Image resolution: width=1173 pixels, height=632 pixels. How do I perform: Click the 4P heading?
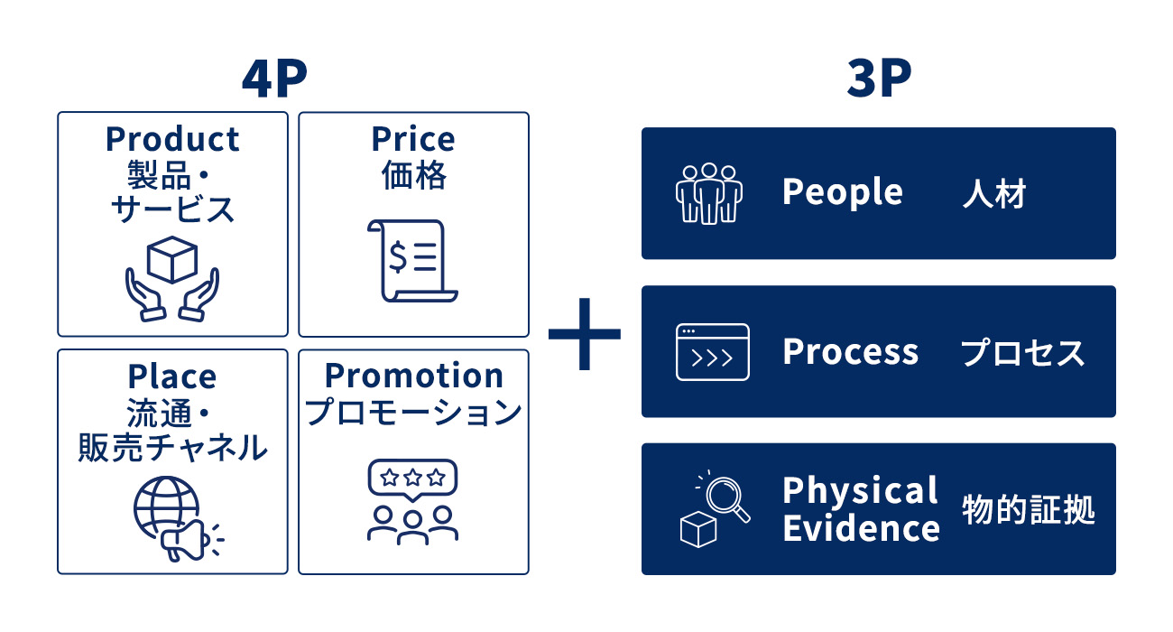point(275,79)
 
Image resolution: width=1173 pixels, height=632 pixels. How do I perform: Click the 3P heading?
point(879,79)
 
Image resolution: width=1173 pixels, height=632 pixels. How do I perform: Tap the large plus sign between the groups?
point(585,334)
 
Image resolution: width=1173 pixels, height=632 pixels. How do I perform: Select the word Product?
point(172,139)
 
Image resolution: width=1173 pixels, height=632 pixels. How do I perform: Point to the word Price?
point(413,139)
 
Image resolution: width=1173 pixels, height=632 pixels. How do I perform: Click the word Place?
point(172,376)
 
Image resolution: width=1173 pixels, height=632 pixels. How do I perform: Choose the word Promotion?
point(413,376)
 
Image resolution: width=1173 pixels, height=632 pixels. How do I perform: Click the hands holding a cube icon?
point(172,279)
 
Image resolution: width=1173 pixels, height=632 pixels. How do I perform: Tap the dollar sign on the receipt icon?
point(398,256)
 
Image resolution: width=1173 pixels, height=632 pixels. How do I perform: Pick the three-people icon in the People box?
point(709,193)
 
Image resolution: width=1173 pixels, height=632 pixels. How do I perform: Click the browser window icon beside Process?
point(713,352)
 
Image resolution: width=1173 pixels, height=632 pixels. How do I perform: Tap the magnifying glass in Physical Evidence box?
point(727,497)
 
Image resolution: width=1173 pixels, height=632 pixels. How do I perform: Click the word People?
point(843,192)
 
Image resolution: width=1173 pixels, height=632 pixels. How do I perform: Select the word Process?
point(850,351)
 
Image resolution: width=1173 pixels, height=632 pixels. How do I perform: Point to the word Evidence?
point(862,527)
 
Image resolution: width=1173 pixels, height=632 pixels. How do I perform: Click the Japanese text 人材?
point(994,194)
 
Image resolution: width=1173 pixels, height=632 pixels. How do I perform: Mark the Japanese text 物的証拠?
point(1029,509)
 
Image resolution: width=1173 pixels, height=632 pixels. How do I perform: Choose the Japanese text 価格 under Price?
point(413,175)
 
